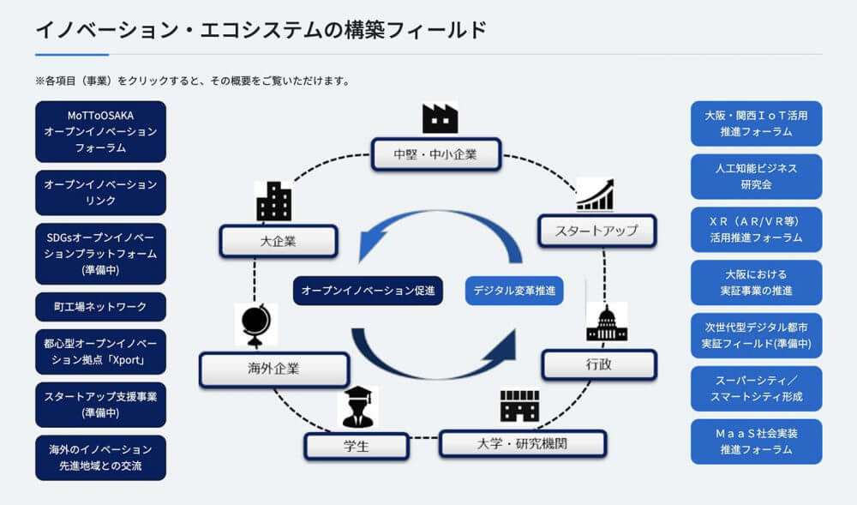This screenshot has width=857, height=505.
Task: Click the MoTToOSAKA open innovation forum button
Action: (100, 132)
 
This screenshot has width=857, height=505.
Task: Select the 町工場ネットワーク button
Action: (100, 307)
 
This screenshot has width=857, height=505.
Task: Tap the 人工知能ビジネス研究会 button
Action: (757, 177)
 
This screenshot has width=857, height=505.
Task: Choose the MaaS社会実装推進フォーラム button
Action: (757, 442)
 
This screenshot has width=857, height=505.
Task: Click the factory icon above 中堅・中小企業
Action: (440, 118)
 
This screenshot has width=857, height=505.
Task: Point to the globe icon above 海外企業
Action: (255, 325)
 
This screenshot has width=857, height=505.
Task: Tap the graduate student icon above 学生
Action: (357, 406)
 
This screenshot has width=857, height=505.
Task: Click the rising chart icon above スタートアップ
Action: (596, 195)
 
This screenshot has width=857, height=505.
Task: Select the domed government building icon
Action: (606, 323)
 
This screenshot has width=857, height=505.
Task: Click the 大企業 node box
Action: (279, 241)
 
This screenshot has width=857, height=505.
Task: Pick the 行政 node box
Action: (599, 364)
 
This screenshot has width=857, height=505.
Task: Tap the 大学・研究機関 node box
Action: (523, 444)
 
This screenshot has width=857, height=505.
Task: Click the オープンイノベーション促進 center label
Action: (368, 290)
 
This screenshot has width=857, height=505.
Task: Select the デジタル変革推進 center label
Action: (514, 290)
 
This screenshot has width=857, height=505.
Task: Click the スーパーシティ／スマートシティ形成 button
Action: (757, 388)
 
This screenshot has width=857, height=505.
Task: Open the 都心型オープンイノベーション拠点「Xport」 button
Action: (100, 352)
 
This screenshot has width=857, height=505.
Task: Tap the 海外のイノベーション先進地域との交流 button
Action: (100, 458)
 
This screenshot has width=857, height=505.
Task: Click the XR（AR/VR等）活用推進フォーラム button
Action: (757, 230)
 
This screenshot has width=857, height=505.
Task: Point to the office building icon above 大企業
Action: (274, 201)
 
